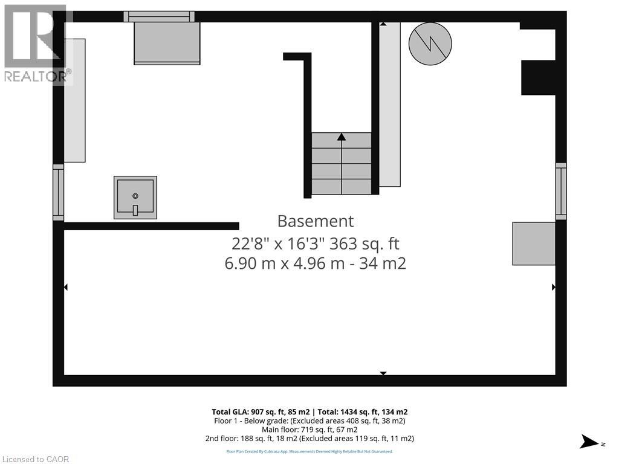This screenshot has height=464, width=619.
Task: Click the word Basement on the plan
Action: click(x=315, y=221)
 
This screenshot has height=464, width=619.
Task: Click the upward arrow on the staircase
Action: click(x=342, y=137)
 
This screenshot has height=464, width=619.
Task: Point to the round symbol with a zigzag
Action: click(x=430, y=43)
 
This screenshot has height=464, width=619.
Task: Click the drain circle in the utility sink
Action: click(x=135, y=196)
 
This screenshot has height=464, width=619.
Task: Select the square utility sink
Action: click(x=135, y=198)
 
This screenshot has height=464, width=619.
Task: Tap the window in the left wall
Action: click(x=58, y=192)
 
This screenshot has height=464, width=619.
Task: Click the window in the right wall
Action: click(x=561, y=191)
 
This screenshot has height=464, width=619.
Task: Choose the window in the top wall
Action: click(x=159, y=16)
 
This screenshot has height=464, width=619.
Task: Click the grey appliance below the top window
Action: click(x=167, y=43)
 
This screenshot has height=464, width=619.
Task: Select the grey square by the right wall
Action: click(x=534, y=243)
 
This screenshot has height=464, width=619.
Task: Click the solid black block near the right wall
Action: click(x=538, y=77)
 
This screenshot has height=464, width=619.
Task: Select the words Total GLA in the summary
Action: click(x=230, y=412)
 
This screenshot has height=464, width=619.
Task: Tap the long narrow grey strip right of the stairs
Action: click(x=390, y=104)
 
